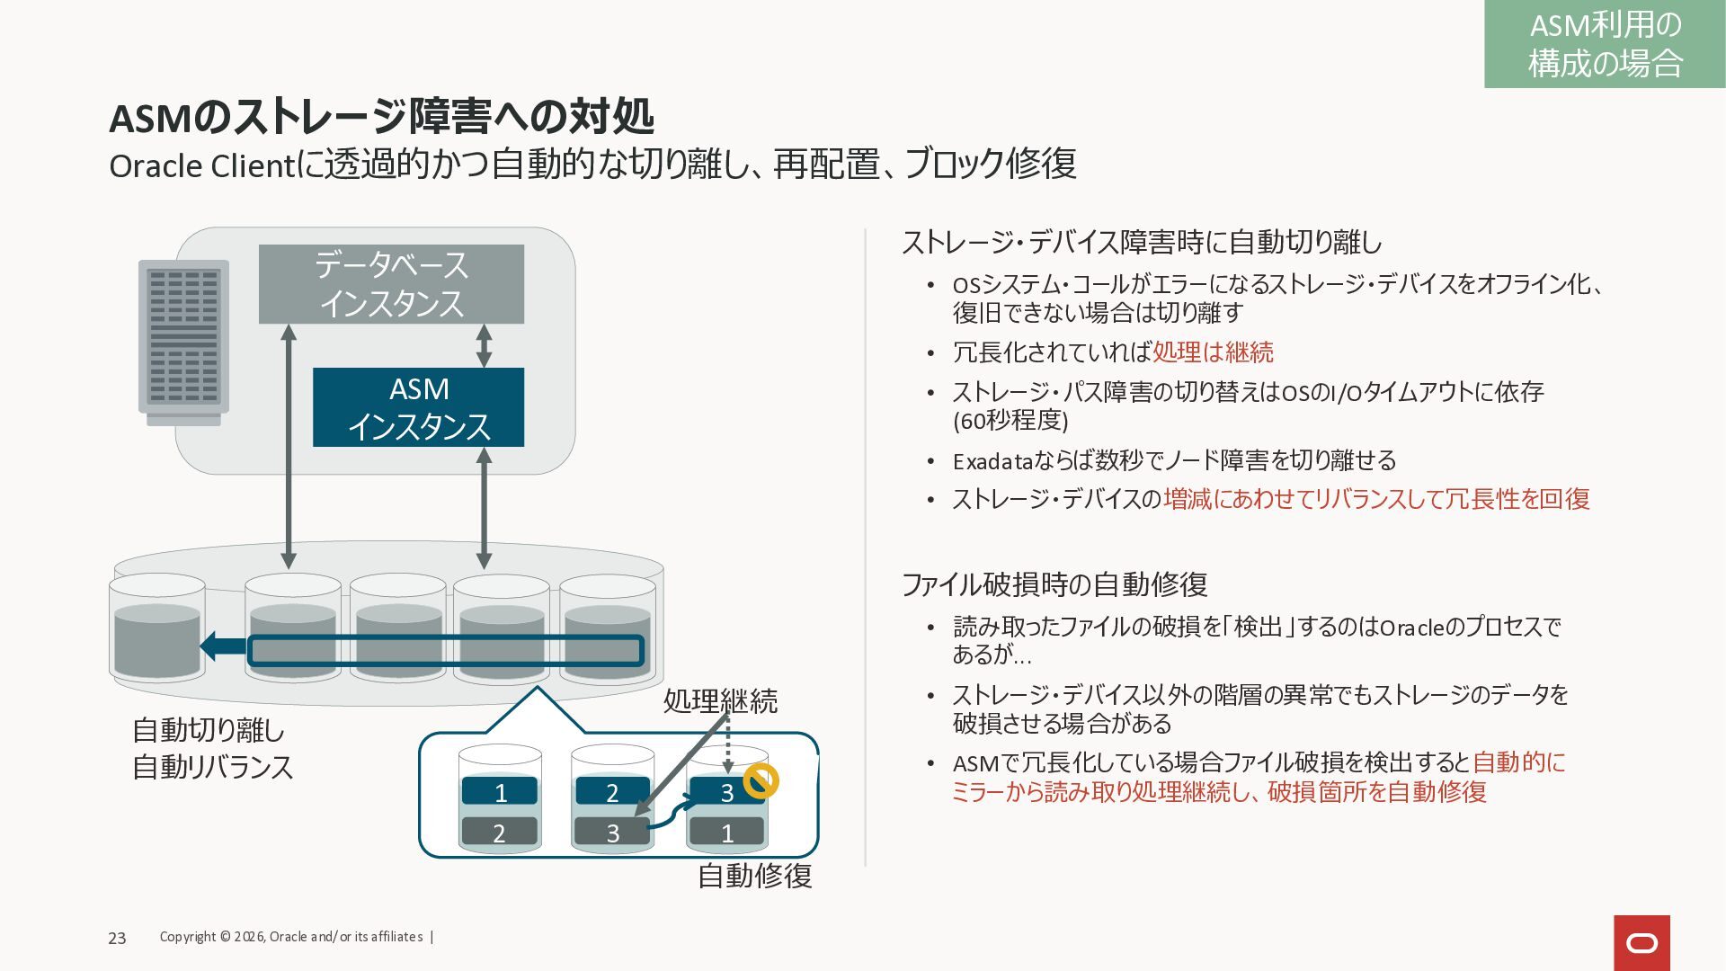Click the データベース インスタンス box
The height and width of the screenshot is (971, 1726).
click(391, 284)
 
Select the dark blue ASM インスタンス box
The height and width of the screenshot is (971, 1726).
click(418, 407)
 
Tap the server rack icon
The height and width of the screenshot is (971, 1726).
click(183, 341)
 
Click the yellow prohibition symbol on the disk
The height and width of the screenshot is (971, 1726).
click(761, 780)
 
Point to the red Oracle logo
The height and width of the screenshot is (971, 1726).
click(1641, 943)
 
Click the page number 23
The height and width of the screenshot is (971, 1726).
click(117, 938)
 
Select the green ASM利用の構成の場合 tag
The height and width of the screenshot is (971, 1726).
click(1605, 44)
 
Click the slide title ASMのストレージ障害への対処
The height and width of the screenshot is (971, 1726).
click(381, 117)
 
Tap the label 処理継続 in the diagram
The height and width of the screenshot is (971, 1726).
click(720, 700)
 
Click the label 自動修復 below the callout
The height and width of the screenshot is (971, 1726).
click(755, 875)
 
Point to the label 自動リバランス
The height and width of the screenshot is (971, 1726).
click(213, 767)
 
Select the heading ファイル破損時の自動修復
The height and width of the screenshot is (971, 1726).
click(1054, 584)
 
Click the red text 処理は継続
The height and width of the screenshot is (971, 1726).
click(1213, 352)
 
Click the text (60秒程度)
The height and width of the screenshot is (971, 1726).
click(1010, 420)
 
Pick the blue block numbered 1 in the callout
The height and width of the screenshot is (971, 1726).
click(500, 792)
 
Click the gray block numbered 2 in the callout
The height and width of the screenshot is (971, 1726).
click(499, 833)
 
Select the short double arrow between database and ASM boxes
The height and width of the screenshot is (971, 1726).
click(484, 346)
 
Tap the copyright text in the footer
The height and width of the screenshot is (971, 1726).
click(291, 937)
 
